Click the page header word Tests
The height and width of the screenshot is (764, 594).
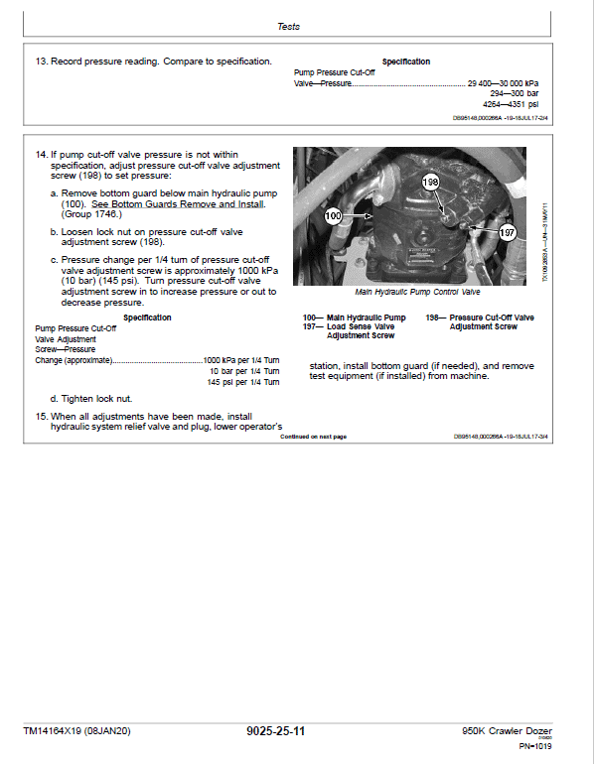[x=288, y=27]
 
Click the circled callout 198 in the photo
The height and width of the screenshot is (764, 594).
[x=429, y=183]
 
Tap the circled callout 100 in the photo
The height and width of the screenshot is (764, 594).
[x=334, y=214]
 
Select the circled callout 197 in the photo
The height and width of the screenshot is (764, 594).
[x=508, y=232]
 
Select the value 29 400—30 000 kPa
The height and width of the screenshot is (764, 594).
[x=503, y=84]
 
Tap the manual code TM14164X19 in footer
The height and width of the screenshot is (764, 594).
[x=74, y=732]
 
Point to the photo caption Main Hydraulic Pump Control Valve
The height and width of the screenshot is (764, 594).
[x=417, y=293]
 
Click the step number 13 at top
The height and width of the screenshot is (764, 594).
[x=41, y=62]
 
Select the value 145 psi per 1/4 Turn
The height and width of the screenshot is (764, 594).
[x=242, y=382]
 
